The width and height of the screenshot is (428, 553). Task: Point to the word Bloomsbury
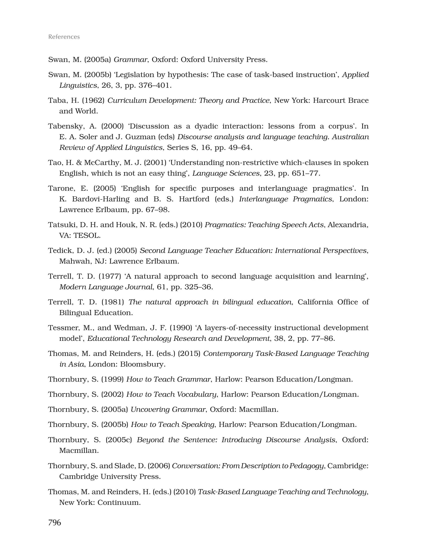point(142,364)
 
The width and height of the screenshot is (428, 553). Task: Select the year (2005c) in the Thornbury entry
point(118,440)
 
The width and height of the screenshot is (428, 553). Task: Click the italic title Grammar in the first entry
point(130,60)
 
